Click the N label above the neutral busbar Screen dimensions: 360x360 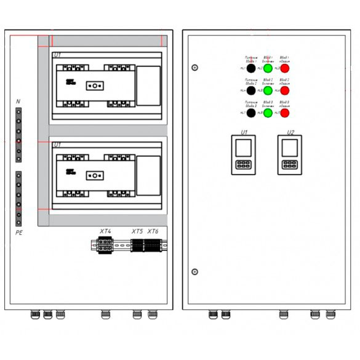click(18, 100)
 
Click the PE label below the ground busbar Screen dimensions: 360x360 click(19, 234)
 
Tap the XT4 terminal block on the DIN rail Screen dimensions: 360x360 click(105, 245)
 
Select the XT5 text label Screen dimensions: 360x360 click(137, 231)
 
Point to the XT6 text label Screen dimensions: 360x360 click(153, 231)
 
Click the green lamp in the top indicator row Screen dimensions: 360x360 click(268, 68)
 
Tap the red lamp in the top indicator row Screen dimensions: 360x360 click(285, 68)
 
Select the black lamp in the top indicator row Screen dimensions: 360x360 click(252, 68)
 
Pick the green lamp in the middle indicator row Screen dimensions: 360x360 click(268, 90)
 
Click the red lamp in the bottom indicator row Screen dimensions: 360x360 click(285, 113)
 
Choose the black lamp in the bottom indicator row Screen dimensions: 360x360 click(252, 113)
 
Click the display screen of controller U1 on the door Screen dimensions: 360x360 click(244, 147)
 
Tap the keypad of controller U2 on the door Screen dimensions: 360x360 click(289, 164)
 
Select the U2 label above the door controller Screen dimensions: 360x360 click(290, 132)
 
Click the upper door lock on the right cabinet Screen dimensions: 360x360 click(195, 68)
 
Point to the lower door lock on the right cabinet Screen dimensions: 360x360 click(195, 271)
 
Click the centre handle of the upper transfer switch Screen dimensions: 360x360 click(94, 86)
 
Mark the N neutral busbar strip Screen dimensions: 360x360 click(19, 135)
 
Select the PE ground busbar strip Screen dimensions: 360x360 click(19, 199)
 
